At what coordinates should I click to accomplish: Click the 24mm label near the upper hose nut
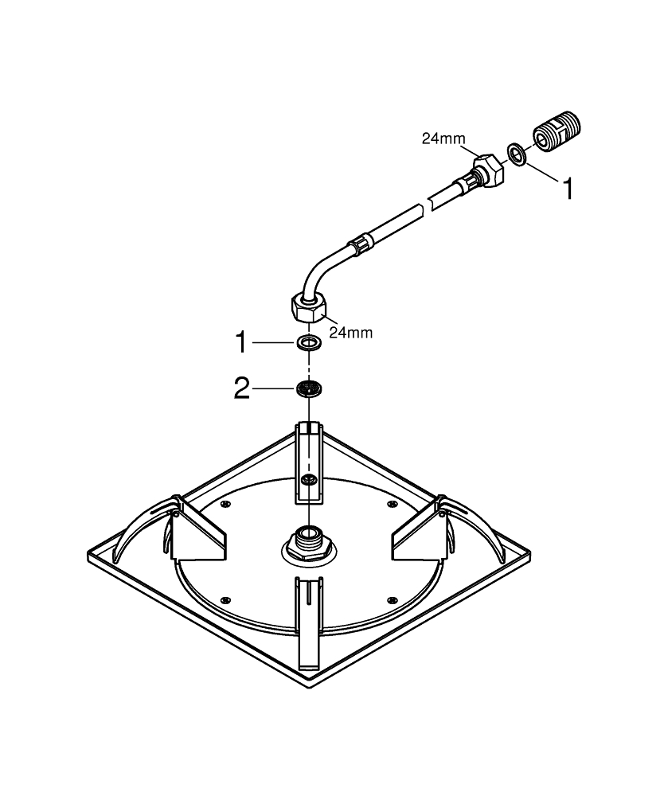point(443,139)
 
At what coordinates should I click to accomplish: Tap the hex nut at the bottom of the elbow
point(307,307)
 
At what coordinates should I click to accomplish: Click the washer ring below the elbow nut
point(307,343)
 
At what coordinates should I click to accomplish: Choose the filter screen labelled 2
point(307,388)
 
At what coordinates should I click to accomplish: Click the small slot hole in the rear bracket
point(307,479)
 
